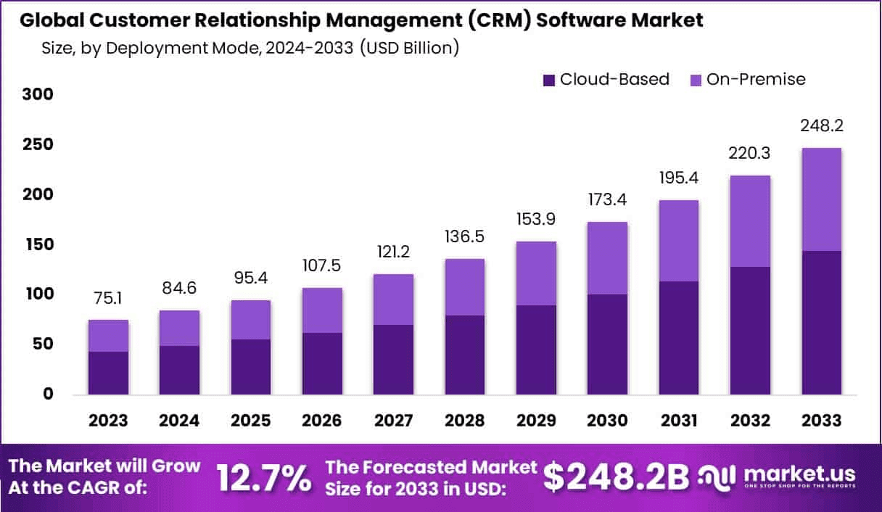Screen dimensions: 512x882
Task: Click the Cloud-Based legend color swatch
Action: (x=549, y=79)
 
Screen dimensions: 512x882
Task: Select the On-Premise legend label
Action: (x=756, y=79)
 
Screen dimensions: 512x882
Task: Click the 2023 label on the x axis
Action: (x=108, y=421)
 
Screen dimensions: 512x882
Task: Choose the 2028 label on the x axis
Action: (x=464, y=421)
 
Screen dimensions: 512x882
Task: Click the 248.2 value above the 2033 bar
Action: (x=821, y=126)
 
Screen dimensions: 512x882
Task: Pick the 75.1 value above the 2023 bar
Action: (x=108, y=300)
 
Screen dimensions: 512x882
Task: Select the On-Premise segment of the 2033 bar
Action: (x=821, y=199)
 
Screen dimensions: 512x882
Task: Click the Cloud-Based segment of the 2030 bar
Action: (x=607, y=344)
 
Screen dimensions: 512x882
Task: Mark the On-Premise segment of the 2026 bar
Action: (x=322, y=310)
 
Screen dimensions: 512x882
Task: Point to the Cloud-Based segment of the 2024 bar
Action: (x=179, y=370)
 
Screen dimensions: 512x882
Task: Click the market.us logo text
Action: (x=798, y=474)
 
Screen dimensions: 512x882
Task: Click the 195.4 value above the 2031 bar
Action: (x=678, y=178)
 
